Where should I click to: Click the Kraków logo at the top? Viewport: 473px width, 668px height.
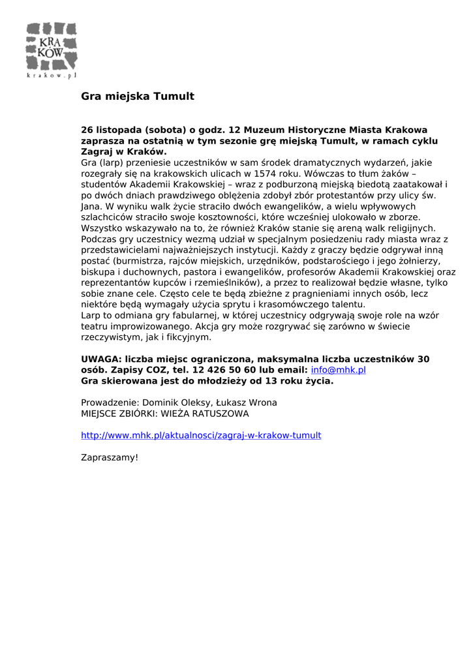coord(52,46)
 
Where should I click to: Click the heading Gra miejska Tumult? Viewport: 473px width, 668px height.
coord(138,97)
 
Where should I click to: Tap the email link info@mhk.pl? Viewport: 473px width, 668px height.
coord(338,370)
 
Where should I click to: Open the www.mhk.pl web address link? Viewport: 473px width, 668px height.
coord(201,435)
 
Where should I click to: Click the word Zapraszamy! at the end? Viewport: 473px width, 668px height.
coord(110,457)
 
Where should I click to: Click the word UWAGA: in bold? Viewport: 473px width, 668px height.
coord(101,359)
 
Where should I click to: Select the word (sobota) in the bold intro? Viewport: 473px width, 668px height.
coord(166,130)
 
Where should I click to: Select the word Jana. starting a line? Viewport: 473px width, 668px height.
coord(91,206)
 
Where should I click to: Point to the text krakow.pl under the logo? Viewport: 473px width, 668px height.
coord(52,76)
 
